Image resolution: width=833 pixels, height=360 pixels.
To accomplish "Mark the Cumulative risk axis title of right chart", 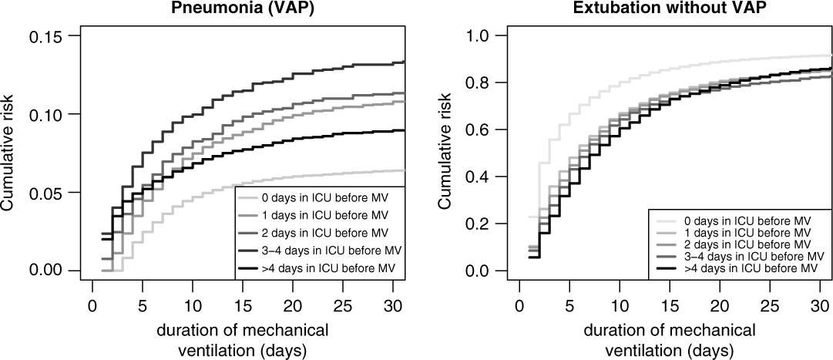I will pyautogui.click(x=445, y=153).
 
